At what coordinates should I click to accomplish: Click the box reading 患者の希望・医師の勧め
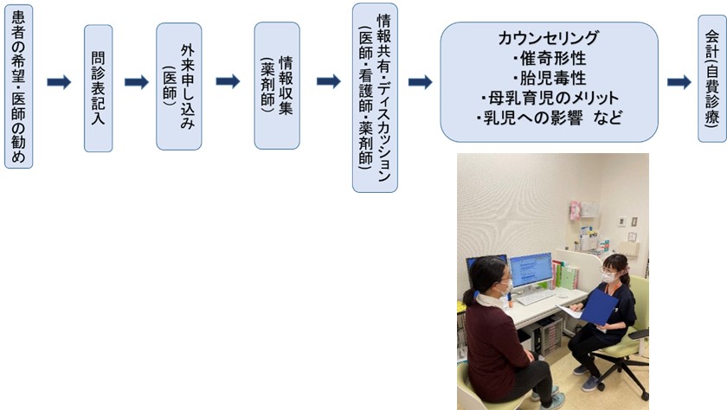coord(18,84)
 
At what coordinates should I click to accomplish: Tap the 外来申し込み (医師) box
coord(179,86)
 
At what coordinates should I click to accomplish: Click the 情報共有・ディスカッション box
coord(376,97)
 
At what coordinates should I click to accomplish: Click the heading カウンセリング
coord(548,38)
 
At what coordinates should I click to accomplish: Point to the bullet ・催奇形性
coord(549,58)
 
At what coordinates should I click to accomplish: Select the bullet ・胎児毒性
coord(549,78)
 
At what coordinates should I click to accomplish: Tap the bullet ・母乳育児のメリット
coord(549,97)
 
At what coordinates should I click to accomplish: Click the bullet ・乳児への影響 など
coord(549,117)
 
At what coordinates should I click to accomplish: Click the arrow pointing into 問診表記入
coord(59,82)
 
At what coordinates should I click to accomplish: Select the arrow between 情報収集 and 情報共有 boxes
coord(328,82)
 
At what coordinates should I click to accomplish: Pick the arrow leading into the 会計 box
coord(679,82)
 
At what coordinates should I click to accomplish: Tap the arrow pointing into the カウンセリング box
coord(420,82)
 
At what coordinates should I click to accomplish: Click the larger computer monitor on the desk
coord(531,270)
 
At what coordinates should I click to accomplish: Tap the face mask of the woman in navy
coord(610,277)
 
